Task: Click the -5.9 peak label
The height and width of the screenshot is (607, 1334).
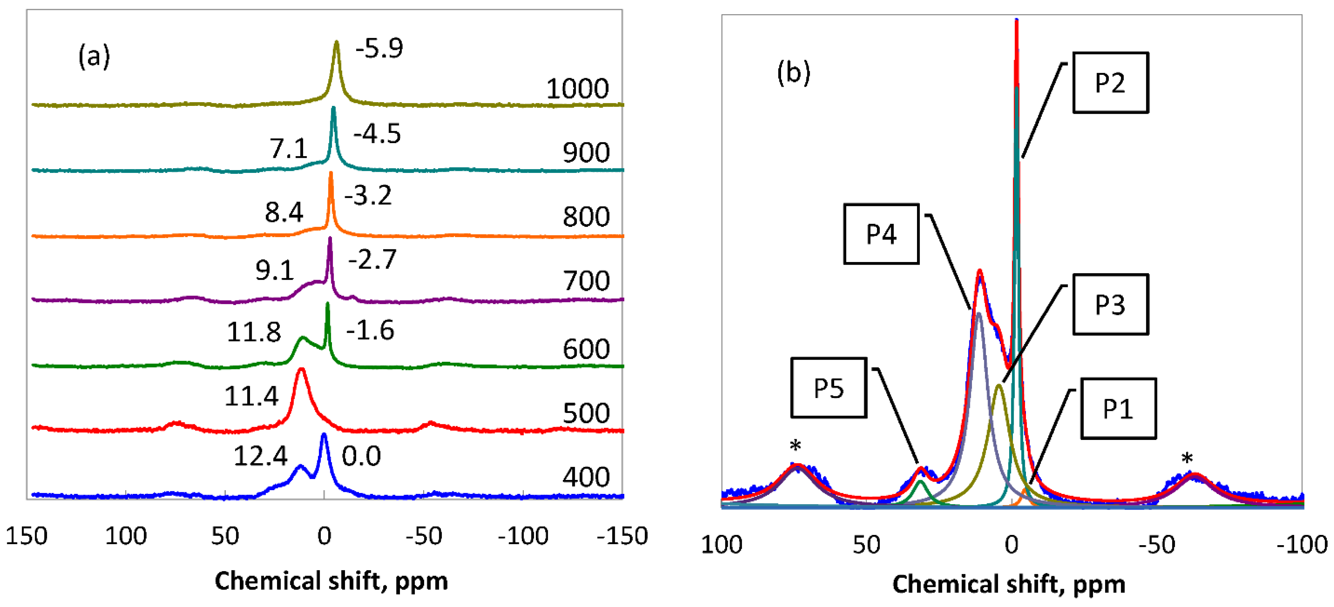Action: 378,49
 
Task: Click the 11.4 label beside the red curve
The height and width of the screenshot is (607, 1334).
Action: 251,397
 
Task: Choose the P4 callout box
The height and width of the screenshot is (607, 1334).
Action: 881,234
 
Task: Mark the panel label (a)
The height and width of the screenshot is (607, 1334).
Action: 94,56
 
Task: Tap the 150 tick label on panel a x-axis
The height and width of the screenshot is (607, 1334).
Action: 26,536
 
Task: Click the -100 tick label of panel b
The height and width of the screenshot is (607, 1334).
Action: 1301,545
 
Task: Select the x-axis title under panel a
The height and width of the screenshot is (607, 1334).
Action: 331,581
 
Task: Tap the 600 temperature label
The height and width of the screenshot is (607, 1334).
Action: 586,349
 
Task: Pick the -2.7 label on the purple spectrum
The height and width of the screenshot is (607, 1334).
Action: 372,260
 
